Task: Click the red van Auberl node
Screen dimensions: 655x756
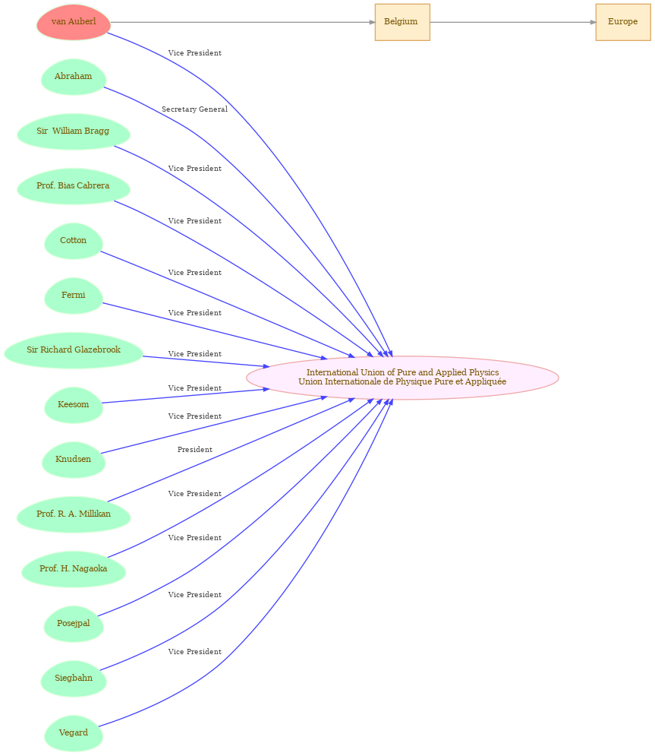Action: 74,22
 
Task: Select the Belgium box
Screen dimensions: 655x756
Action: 402,22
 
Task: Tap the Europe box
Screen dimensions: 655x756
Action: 622,22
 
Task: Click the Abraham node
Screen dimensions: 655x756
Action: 73,77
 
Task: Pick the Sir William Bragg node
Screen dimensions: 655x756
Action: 74,131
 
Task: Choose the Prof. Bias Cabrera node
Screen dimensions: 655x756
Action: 74,186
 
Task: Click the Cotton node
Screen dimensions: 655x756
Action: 73,241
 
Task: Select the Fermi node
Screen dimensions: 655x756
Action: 73,296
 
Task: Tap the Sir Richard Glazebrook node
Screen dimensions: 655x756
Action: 74,350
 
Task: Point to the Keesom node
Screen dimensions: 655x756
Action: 73,405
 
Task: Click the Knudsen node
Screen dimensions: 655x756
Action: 73,460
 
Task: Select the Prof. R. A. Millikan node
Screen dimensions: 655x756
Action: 74,514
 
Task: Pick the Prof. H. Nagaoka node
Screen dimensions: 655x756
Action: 74,569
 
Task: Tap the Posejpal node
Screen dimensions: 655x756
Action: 73,624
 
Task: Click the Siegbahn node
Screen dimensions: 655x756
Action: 73,679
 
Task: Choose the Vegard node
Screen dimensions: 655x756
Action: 73,733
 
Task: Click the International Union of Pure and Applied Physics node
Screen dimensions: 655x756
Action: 402,378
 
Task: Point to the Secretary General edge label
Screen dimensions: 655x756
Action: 194,109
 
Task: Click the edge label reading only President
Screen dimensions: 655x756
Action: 194,450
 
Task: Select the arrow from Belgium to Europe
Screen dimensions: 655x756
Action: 513,22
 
